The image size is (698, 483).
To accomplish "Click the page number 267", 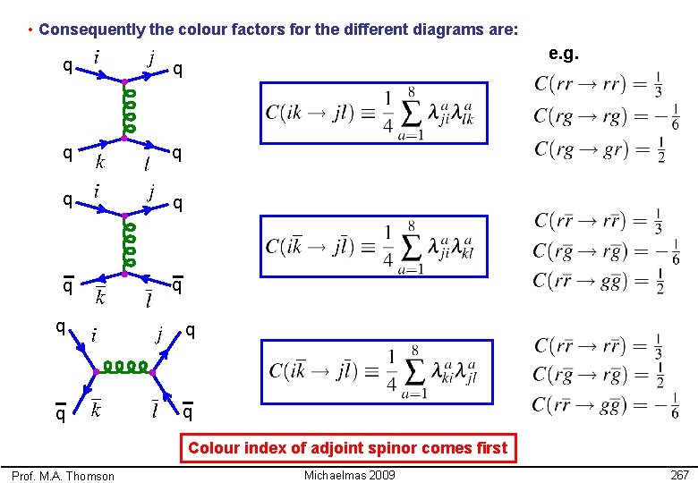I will coord(679,475).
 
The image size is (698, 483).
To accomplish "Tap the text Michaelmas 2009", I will coord(349,475).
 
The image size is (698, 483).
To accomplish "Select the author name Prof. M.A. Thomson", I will coord(64,476).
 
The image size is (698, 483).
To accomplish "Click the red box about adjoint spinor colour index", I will coord(347,447).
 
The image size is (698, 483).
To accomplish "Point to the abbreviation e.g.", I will coord(563,55).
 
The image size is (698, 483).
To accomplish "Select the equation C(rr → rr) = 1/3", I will coord(599,85).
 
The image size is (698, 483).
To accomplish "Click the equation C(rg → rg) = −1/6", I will coord(606,117).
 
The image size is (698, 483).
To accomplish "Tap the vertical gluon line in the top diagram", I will coord(128,112).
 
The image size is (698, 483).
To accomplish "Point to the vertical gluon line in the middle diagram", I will coord(128,244).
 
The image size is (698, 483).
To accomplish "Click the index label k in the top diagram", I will coord(99,162).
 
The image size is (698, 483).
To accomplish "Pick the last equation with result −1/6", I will coord(606,406).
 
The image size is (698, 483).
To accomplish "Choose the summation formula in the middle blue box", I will coord(375,247).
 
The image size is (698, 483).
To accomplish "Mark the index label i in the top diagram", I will coord(96,56).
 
